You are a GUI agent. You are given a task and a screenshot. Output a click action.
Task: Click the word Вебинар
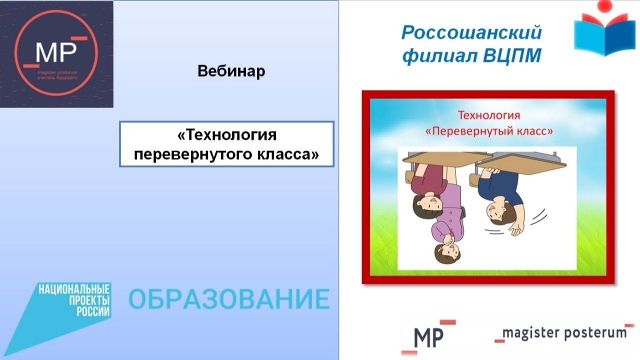click(231, 71)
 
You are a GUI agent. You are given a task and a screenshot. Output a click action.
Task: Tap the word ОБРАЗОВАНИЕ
click(229, 299)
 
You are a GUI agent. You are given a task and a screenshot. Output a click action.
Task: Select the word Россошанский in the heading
click(471, 33)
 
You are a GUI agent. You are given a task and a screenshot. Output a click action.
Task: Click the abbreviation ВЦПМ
click(512, 55)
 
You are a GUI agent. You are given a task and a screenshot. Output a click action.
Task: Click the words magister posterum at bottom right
click(564, 333)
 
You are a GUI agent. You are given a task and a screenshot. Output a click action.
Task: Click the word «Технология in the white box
click(227, 135)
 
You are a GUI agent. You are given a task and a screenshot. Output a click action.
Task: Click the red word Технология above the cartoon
click(489, 115)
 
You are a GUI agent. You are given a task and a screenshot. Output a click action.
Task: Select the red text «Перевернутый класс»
click(489, 131)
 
